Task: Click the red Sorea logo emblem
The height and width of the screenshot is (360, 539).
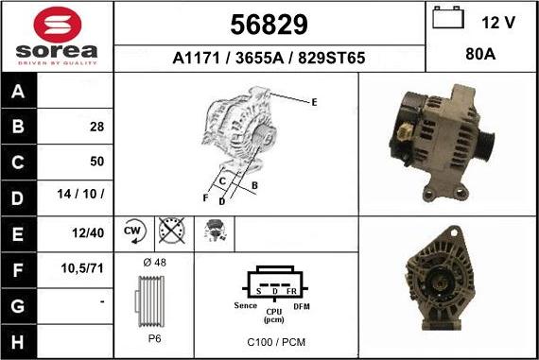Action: point(58,25)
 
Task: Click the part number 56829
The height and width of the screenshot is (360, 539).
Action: point(269,25)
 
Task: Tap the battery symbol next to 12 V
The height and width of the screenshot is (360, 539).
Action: point(448,18)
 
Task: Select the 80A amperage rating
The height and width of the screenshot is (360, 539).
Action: point(480,54)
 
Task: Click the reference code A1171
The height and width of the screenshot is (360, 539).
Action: point(196,58)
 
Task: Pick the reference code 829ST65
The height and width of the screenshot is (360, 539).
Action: point(331,58)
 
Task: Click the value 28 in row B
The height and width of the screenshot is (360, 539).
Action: point(97,127)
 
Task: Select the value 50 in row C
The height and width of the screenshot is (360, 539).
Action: point(97,162)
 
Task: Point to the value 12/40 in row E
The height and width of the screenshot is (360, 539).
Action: point(88,232)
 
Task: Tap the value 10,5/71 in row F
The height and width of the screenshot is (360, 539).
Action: point(82,268)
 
